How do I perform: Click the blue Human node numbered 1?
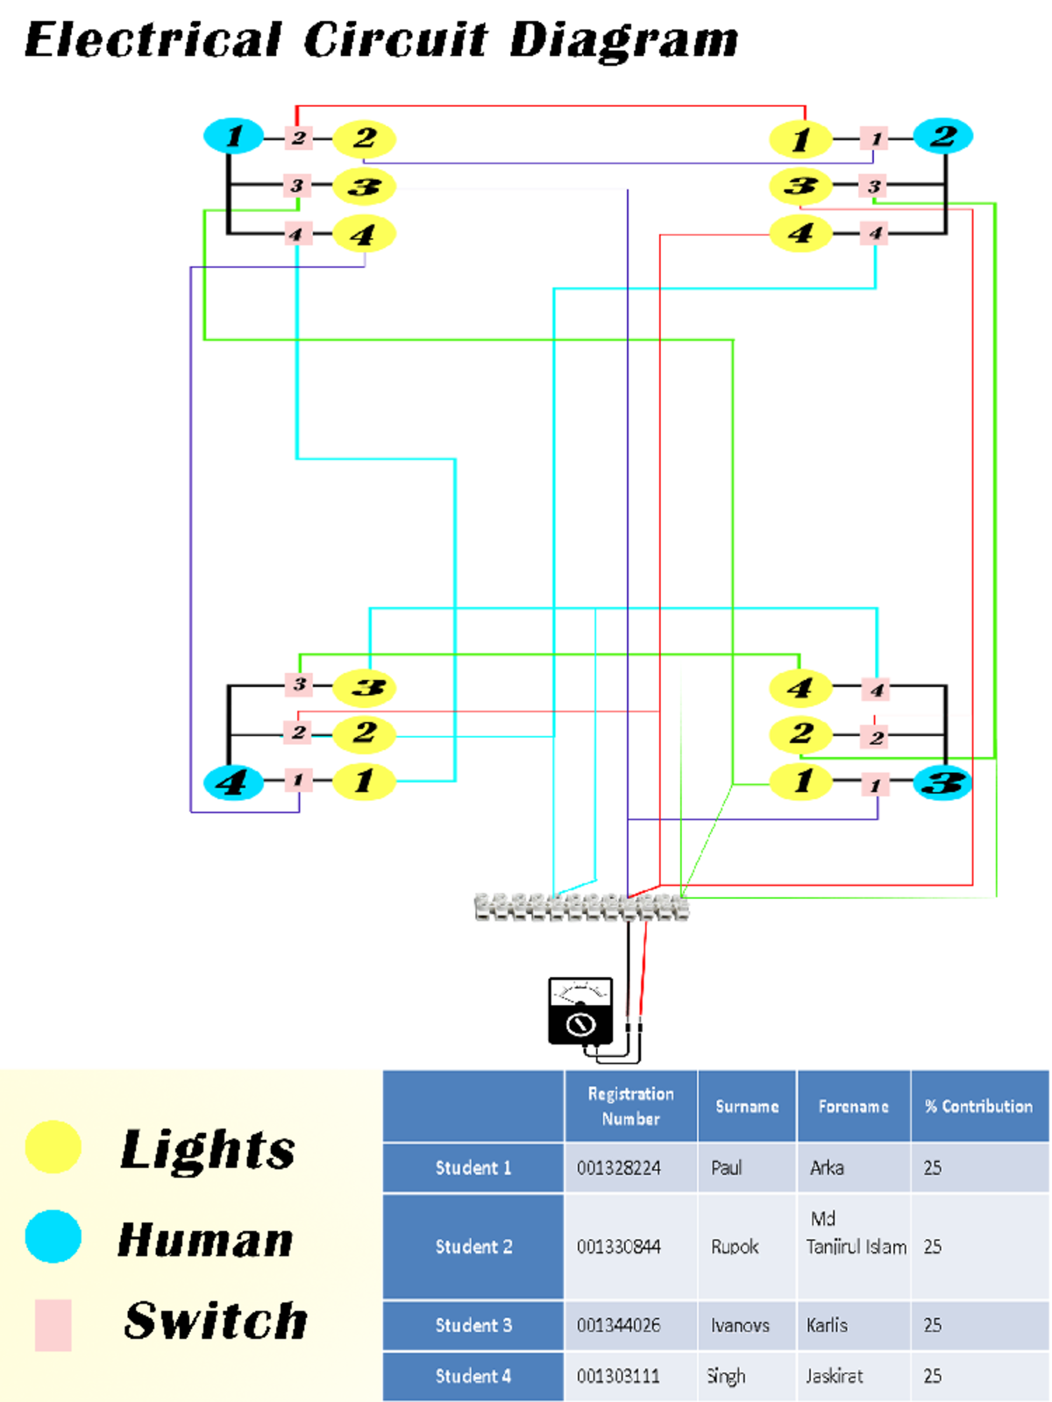click(x=233, y=136)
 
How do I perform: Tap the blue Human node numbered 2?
click(x=942, y=136)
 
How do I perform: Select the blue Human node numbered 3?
click(x=942, y=782)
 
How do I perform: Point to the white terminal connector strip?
click(x=580, y=908)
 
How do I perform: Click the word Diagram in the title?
click(x=623, y=40)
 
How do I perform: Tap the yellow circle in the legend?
click(x=53, y=1147)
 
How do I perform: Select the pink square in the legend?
click(x=53, y=1325)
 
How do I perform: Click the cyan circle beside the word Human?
click(x=53, y=1236)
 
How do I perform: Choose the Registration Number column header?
click(x=630, y=1106)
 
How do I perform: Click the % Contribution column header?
click(x=978, y=1106)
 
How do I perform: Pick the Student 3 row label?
click(x=473, y=1325)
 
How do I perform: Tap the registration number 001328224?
click(x=619, y=1168)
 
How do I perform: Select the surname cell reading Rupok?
click(x=735, y=1247)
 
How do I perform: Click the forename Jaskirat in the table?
click(x=835, y=1376)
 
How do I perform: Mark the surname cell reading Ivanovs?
click(x=740, y=1325)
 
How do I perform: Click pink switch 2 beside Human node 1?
click(x=298, y=138)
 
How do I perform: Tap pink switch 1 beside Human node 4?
click(x=298, y=780)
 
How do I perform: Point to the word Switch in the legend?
click(x=216, y=1321)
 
